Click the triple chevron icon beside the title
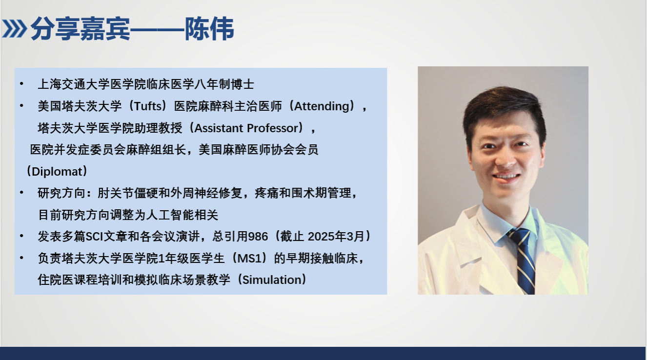click(15, 29)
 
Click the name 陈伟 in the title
click(209, 29)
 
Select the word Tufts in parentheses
click(149, 106)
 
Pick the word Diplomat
click(57, 172)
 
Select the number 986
click(258, 237)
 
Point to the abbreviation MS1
click(249, 258)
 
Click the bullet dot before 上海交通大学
click(21, 84)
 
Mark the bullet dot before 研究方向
click(21, 193)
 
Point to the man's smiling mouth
click(506, 177)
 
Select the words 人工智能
click(170, 215)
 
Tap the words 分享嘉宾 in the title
click(81, 29)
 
